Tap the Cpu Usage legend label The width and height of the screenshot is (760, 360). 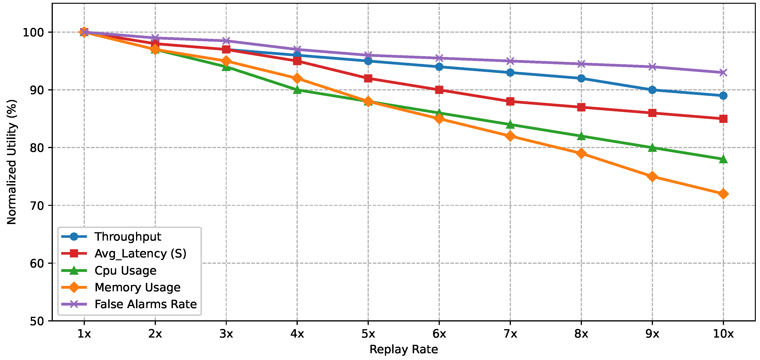point(125,271)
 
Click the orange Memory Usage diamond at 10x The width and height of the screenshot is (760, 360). point(723,194)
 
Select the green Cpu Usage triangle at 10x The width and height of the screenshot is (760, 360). point(723,159)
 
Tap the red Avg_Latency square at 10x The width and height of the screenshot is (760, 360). point(723,119)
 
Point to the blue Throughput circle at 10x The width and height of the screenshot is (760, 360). point(723,96)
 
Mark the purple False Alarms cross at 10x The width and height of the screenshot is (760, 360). point(723,72)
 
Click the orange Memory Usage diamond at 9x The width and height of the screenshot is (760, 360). point(652,177)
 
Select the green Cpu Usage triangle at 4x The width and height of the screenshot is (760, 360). point(297,90)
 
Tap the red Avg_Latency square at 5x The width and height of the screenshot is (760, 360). point(368,78)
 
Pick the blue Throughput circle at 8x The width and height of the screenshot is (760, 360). point(581,78)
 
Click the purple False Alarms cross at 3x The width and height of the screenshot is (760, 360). point(226,41)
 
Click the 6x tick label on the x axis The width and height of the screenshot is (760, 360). point(439,334)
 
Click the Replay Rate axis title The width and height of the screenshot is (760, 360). point(404,349)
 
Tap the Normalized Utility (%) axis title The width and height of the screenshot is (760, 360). point(12,162)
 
